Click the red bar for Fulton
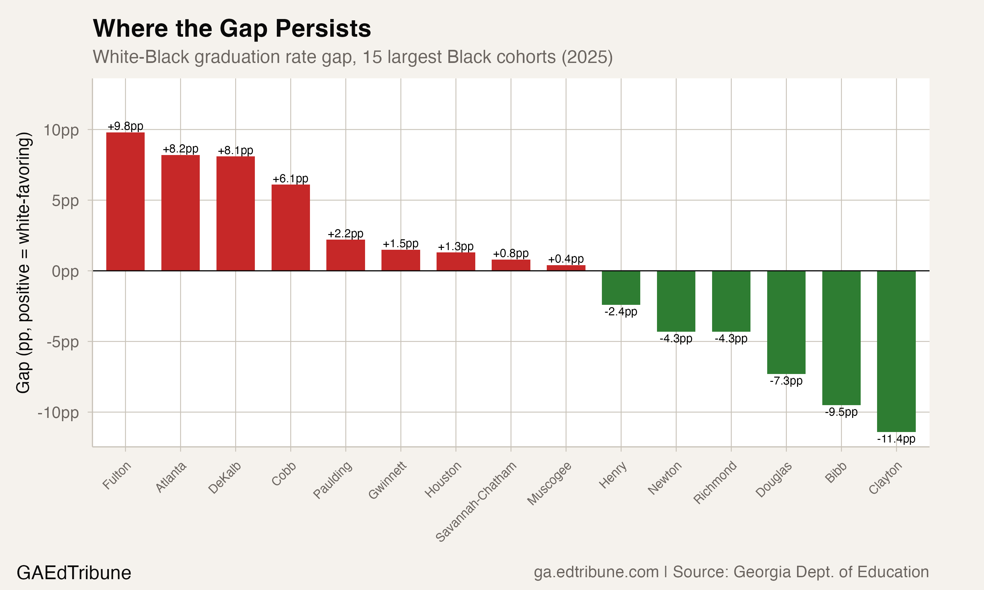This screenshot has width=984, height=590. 125,202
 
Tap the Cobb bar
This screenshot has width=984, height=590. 290,227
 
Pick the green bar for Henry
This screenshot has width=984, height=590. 621,287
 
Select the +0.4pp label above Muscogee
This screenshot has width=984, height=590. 565,259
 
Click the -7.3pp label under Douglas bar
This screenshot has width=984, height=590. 786,381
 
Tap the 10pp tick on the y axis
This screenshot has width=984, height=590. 61,130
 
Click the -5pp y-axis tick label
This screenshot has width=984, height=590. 62,342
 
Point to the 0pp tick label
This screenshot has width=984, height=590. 65,271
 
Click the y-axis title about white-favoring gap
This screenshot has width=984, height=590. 24,263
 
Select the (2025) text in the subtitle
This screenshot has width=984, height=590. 587,57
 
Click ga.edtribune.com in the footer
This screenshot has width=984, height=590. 596,572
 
